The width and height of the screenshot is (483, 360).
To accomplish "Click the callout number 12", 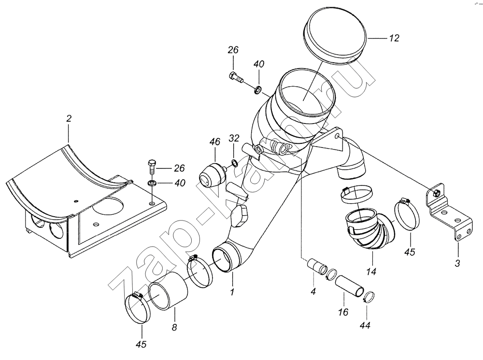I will click(x=394, y=38).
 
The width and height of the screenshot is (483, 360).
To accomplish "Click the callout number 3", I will click(x=458, y=263).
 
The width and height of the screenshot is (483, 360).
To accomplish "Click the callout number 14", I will click(x=371, y=271).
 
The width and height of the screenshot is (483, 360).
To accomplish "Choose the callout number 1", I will click(x=232, y=292).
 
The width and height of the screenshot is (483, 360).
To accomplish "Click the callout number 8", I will click(x=174, y=327).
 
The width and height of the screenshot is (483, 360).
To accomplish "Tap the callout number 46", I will click(x=215, y=142).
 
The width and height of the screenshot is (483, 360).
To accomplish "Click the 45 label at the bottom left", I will click(x=142, y=344).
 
